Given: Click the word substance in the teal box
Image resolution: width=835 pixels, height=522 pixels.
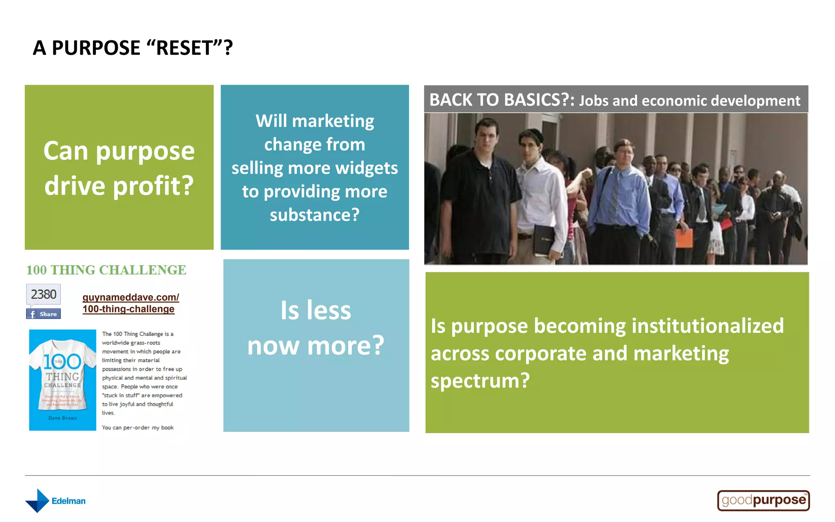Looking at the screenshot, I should coord(310,215).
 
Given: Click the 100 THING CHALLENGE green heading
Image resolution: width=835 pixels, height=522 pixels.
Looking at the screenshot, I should coord(106,270).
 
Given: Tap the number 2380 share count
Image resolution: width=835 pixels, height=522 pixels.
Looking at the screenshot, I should coord(44,294).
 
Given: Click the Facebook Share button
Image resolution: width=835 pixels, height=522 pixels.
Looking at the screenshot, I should coord(44,314).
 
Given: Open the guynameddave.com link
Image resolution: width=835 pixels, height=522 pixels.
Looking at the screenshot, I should coord(130,303).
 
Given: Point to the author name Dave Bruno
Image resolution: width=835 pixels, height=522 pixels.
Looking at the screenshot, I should coord(62,418).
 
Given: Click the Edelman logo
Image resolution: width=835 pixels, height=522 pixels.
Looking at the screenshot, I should coord(55,501).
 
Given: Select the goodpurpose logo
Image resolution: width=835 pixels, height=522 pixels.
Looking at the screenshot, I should coord(763,500).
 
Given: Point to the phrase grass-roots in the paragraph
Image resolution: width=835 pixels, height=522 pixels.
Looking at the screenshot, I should coord(145,343).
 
